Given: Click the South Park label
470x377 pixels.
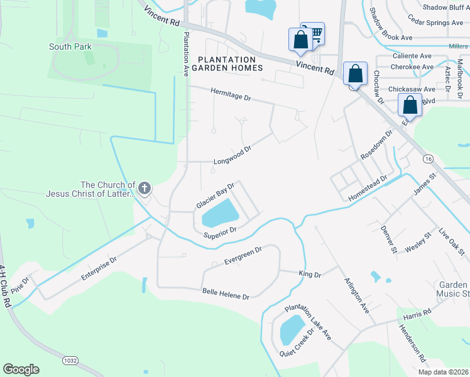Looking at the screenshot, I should tap(70, 46).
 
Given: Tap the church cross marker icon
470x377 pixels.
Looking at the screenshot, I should tap(145, 188).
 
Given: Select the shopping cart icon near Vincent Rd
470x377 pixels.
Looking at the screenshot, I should tap(316, 33).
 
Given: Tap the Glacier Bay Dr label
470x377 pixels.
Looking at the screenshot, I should tap(215, 196).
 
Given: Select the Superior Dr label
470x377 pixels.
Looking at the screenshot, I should tap(219, 232).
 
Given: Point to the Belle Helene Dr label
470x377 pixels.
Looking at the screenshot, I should tap(226, 293).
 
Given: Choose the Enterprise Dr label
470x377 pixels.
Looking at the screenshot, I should tap(99, 268).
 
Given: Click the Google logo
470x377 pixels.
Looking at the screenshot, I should tap(21, 369).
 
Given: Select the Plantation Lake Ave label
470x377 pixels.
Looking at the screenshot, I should tap(308, 322).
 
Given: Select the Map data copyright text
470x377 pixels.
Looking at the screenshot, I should tap(443, 372).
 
